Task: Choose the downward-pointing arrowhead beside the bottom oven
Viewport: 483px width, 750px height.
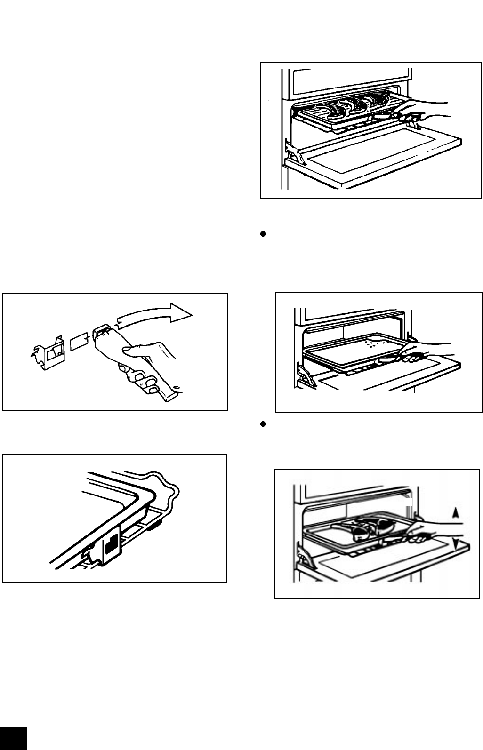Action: [455, 544]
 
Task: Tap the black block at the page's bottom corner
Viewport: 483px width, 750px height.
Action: [14, 739]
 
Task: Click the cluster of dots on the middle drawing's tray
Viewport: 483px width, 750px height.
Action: [374, 343]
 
